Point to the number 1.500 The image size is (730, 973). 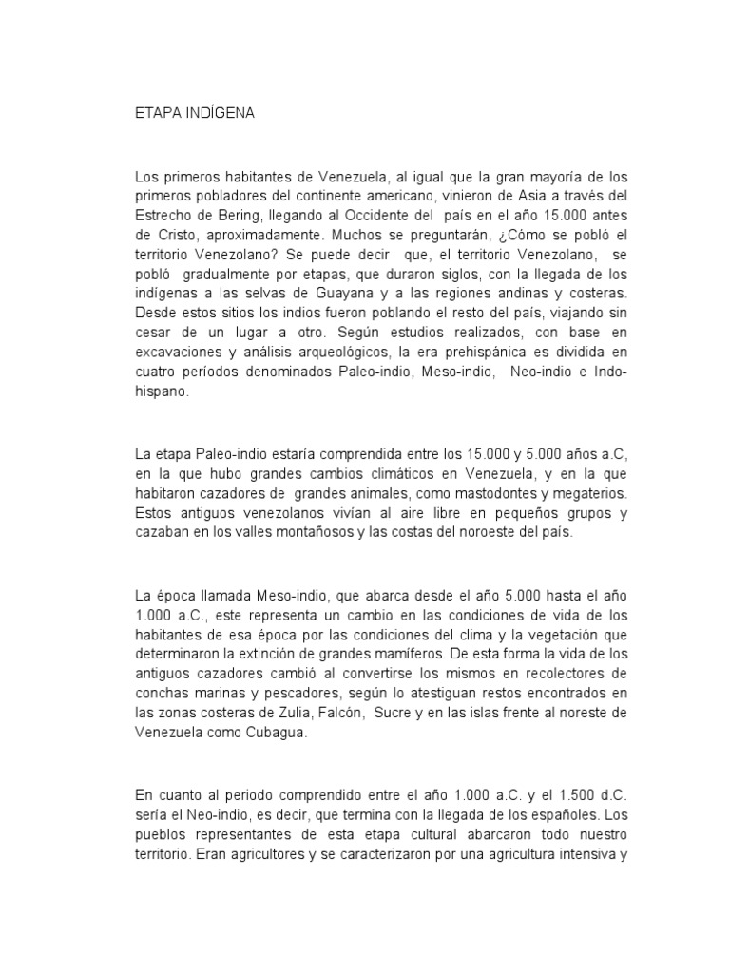point(546,792)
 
